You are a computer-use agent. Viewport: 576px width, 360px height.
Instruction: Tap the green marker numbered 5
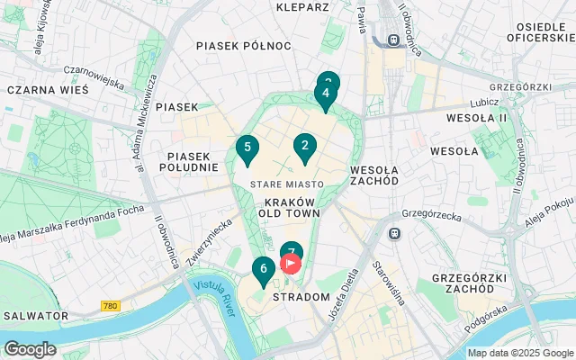[247, 148]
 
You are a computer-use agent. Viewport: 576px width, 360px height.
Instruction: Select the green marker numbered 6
[263, 269]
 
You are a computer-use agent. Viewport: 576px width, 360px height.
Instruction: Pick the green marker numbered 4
[325, 94]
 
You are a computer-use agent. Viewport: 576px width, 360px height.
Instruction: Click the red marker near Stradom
[292, 265]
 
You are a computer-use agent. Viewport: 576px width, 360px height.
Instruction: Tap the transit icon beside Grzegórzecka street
[393, 234]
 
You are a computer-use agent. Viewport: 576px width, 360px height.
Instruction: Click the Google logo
[30, 348]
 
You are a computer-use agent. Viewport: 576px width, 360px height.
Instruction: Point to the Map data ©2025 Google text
[519, 353]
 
